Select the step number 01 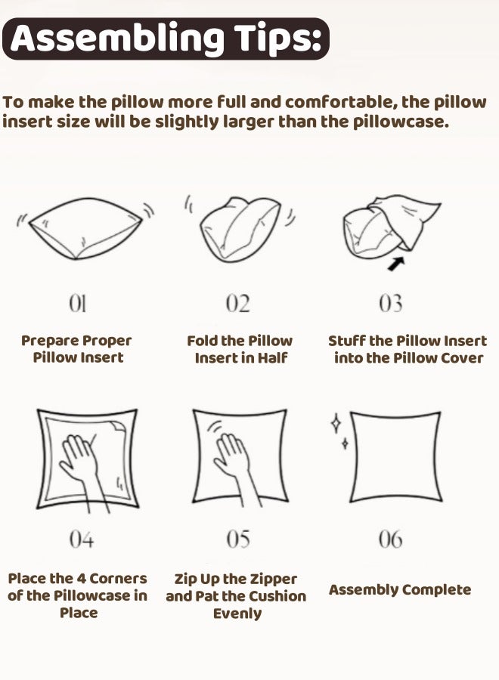(x=77, y=304)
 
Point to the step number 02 (x=237, y=304)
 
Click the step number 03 (x=391, y=304)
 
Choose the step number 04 (x=81, y=539)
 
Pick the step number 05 (x=238, y=539)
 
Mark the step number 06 (x=391, y=539)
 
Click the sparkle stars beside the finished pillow (x=338, y=431)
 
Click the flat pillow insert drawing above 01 (x=81, y=227)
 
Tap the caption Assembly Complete (x=400, y=590)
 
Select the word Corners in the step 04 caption (x=117, y=579)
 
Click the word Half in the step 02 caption (x=274, y=358)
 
